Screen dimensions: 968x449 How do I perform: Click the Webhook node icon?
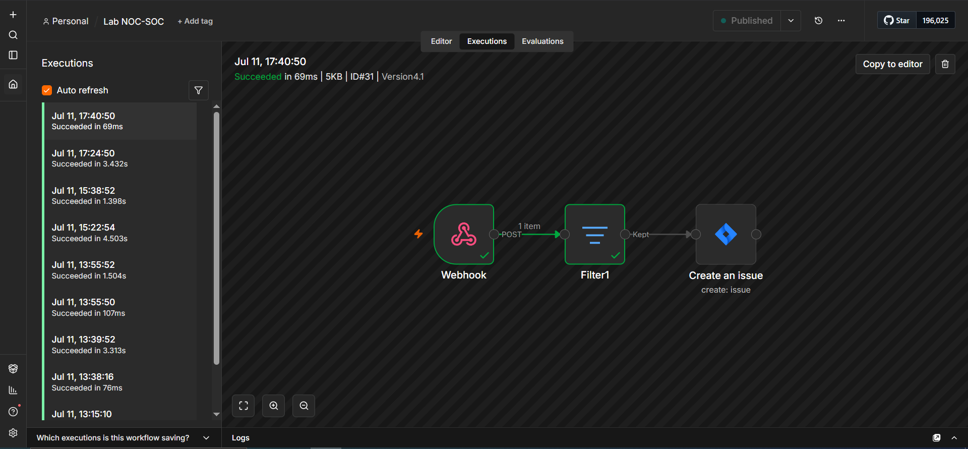[x=464, y=234]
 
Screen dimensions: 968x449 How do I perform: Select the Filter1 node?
[x=595, y=234]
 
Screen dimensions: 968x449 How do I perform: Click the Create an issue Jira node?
[x=726, y=234]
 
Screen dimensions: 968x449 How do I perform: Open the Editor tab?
[x=441, y=41]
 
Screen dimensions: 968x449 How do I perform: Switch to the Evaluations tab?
[x=542, y=41]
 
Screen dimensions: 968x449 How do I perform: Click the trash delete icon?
[x=945, y=64]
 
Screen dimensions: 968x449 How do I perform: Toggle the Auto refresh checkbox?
[x=47, y=90]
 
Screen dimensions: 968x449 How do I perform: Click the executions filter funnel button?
[x=199, y=90]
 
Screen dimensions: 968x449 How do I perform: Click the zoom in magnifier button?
[x=274, y=406]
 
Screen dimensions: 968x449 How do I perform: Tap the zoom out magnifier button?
[x=304, y=406]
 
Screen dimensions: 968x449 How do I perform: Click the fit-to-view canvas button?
[x=244, y=406]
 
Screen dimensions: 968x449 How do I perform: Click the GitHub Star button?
[x=897, y=21]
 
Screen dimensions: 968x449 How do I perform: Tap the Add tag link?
[x=195, y=21]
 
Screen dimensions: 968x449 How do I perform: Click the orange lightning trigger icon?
[x=418, y=234]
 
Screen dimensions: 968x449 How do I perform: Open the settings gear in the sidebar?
[x=13, y=433]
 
